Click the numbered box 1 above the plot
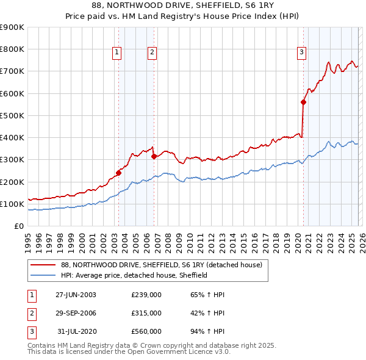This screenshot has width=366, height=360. pyautogui.click(x=117, y=53)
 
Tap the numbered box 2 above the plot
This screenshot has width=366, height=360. pyautogui.click(x=152, y=53)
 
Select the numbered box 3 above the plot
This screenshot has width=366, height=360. pyautogui.click(x=301, y=53)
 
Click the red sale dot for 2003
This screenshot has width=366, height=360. pyautogui.click(x=118, y=173)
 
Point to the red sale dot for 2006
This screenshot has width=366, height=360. pyautogui.click(x=154, y=156)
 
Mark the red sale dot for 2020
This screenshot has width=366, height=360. pyautogui.click(x=303, y=103)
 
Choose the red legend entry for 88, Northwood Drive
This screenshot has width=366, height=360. pyautogui.click(x=162, y=265)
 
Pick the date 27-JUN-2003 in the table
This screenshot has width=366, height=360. pyautogui.click(x=76, y=295)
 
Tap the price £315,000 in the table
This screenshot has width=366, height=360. pyautogui.click(x=146, y=313)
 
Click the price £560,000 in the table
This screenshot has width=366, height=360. pyautogui.click(x=146, y=331)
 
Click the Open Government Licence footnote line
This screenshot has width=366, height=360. pyautogui.click(x=129, y=352)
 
